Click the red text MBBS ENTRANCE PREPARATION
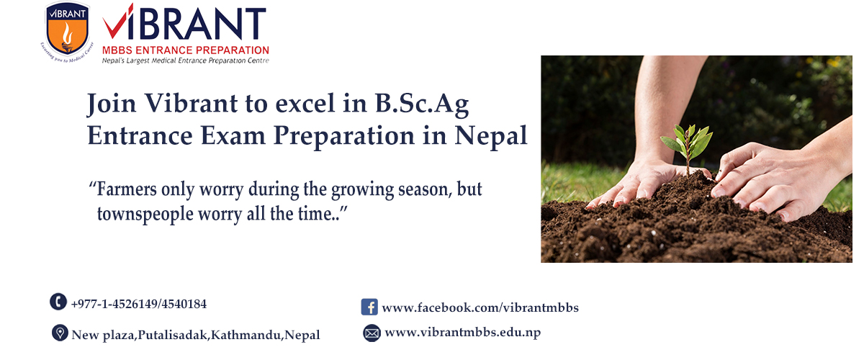pyautogui.click(x=186, y=50)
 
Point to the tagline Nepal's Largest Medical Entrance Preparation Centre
pyautogui.click(x=186, y=60)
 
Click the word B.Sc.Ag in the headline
pyautogui.click(x=422, y=104)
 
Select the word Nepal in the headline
pyautogui.click(x=490, y=137)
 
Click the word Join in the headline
pyautogui.click(x=112, y=104)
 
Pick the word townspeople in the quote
pyautogui.click(x=145, y=214)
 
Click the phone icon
pyautogui.click(x=58, y=302)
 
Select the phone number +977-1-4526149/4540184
pyautogui.click(x=139, y=304)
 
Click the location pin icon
pyautogui.click(x=60, y=333)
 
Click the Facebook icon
pyautogui.click(x=369, y=307)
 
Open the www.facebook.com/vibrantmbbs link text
pyautogui.click(x=480, y=307)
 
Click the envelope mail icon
pyautogui.click(x=372, y=333)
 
